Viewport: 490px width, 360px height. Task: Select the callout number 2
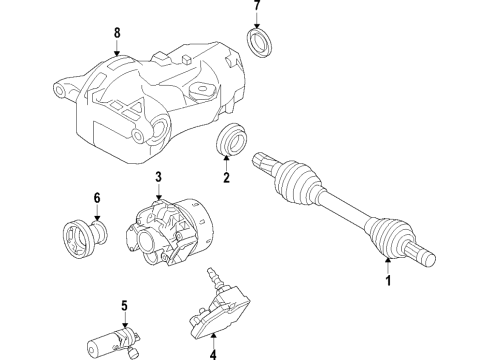pyautogui.click(x=227, y=179)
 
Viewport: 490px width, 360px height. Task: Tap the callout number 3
pyautogui.click(x=158, y=178)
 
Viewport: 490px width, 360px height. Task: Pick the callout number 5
pyautogui.click(x=124, y=304)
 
